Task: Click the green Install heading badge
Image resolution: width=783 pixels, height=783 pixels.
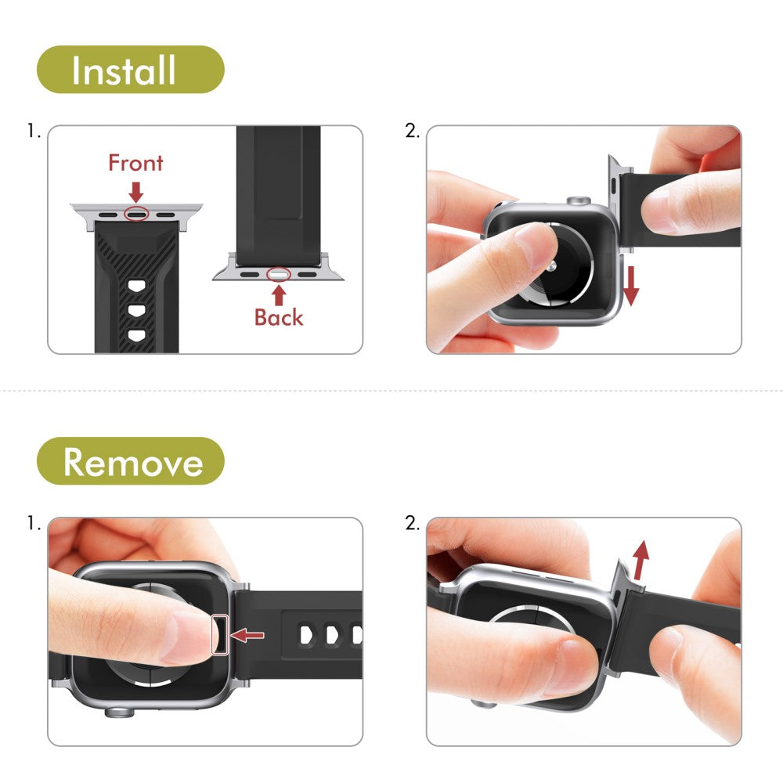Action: (131, 70)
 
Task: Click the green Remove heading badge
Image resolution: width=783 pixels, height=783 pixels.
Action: (131, 461)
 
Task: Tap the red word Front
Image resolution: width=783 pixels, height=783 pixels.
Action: (135, 163)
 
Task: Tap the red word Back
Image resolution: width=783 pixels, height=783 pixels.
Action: (278, 317)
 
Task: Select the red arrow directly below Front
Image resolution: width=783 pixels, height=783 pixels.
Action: (136, 191)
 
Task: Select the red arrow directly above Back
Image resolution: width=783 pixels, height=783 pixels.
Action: (279, 294)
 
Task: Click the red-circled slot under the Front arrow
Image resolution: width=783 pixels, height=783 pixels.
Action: (136, 213)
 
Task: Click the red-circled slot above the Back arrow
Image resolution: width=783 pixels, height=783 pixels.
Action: (278, 275)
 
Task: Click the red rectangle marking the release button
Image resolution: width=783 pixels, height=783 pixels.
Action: (221, 634)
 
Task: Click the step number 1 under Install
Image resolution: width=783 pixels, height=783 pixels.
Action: (34, 132)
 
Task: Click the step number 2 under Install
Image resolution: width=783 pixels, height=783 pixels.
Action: (413, 132)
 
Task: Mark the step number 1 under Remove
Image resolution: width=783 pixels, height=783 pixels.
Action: (34, 523)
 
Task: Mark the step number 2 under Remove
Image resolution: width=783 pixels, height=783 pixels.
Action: (413, 523)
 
